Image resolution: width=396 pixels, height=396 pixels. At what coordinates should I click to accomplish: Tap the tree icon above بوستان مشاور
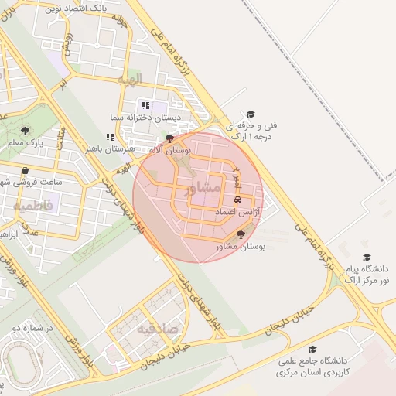241,234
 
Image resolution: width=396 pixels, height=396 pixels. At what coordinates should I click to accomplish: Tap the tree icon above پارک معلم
25,131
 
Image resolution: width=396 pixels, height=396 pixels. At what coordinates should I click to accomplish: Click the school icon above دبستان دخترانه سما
144,105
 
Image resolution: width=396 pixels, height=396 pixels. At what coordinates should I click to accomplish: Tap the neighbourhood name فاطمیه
32,206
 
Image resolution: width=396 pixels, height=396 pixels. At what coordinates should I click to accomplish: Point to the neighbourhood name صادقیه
157,329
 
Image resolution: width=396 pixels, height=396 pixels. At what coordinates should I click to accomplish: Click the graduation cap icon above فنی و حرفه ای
250,113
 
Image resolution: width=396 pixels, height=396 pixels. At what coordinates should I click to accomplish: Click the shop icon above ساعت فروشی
26,171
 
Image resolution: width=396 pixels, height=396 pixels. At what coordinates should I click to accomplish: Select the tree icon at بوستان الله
169,138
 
